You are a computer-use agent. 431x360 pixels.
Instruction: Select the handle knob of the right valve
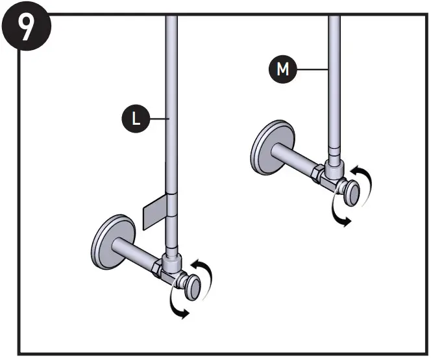point(351,193)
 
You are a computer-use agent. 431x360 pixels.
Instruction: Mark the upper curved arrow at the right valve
point(365,176)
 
